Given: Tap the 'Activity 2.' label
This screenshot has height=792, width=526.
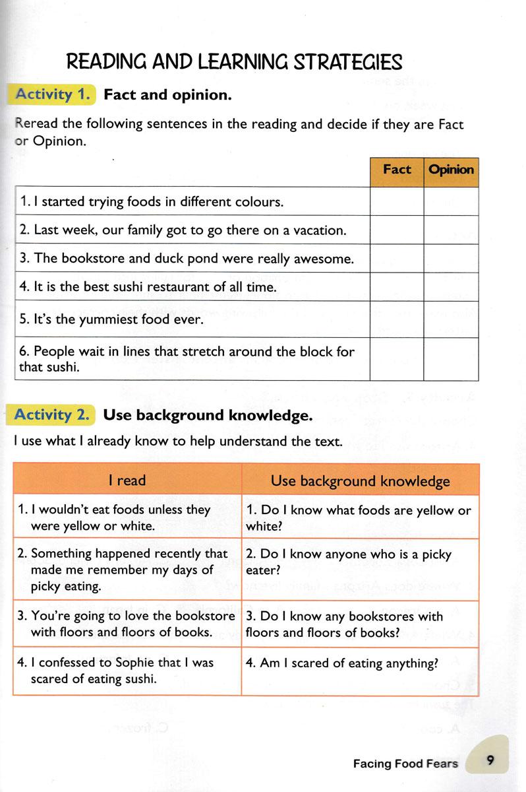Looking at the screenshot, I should [x=51, y=415].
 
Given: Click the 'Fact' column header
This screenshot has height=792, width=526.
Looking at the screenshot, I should [x=397, y=170].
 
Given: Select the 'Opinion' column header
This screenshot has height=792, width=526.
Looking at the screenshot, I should [x=451, y=170].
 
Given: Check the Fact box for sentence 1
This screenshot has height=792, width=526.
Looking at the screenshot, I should [x=397, y=201].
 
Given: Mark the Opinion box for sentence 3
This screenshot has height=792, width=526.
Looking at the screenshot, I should [x=451, y=258].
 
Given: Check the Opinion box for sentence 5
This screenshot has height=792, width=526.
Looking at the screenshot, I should [x=451, y=319].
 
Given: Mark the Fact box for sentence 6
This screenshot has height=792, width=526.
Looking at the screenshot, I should [x=397, y=359].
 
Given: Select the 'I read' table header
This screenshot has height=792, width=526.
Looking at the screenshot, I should [x=127, y=480].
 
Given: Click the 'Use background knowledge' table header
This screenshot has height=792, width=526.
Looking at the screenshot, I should [x=360, y=480].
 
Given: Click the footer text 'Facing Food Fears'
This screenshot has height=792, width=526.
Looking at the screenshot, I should [x=405, y=764].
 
